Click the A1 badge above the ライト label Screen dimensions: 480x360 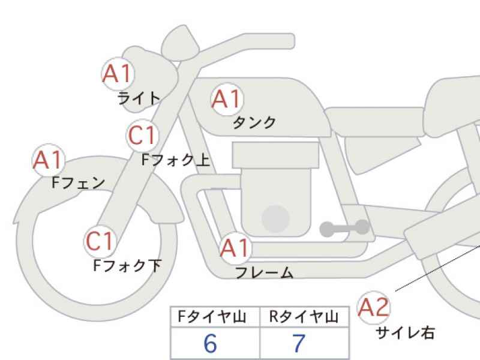pyautogui.click(x=118, y=74)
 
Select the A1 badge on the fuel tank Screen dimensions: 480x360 pyautogui.click(x=227, y=99)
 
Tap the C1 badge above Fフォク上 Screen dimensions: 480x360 pyautogui.click(x=142, y=136)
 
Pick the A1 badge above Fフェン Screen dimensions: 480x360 pyautogui.click(x=49, y=160)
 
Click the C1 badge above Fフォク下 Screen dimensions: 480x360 pyautogui.click(x=100, y=241)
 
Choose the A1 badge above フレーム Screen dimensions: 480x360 pyautogui.click(x=235, y=248)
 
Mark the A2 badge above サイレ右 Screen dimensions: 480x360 pyautogui.click(x=373, y=308)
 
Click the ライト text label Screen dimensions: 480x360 pyautogui.click(x=139, y=98)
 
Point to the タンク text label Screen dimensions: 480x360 pyautogui.click(x=254, y=122)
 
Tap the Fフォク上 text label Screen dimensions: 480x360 pyautogui.click(x=176, y=160)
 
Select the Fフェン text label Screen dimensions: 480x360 pyautogui.click(x=79, y=183)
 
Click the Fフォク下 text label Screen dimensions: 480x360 pyautogui.click(x=127, y=265)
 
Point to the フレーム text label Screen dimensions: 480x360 pyautogui.click(x=265, y=272)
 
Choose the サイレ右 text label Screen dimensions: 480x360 pyautogui.click(x=405, y=332)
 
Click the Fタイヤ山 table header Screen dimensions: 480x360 pyautogui.click(x=212, y=317)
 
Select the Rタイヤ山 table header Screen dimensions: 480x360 pyautogui.click(x=304, y=317)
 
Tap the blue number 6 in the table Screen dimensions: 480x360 pyautogui.click(x=211, y=343)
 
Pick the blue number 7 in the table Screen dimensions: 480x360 pyautogui.click(x=299, y=343)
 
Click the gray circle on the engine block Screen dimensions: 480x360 pyautogui.click(x=275, y=219)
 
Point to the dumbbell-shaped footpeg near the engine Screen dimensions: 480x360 pyautogui.click(x=344, y=228)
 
